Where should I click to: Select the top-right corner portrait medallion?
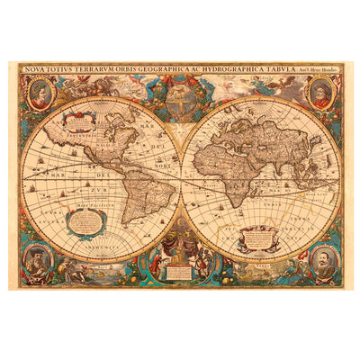click(321, 93)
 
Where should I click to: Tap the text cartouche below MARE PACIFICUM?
click(90, 225)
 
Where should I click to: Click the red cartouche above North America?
click(80, 119)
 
